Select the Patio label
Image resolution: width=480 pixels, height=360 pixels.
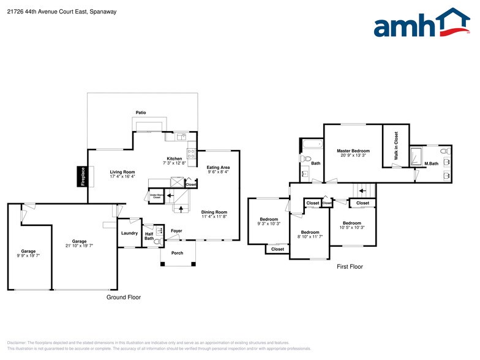tap(141, 113)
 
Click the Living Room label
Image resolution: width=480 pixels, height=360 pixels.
tap(122, 172)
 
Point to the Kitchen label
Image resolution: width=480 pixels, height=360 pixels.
tap(175, 159)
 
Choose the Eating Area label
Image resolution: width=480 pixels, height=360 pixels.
tap(218, 167)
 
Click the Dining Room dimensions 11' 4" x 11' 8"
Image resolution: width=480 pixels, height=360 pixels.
tap(214, 217)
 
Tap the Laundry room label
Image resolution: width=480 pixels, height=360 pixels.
tap(129, 233)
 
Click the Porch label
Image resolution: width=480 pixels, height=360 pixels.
tap(177, 253)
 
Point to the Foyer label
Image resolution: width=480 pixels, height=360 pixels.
tap(176, 231)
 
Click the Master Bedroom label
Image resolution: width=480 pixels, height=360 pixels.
tap(353, 151)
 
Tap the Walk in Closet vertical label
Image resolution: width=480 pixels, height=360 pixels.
tap(396, 146)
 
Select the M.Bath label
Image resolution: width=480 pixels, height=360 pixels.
tap(432, 163)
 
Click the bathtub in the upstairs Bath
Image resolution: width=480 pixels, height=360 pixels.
tap(312, 145)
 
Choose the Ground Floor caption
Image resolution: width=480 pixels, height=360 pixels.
tap(124, 298)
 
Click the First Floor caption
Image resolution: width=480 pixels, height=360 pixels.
tap(350, 267)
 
